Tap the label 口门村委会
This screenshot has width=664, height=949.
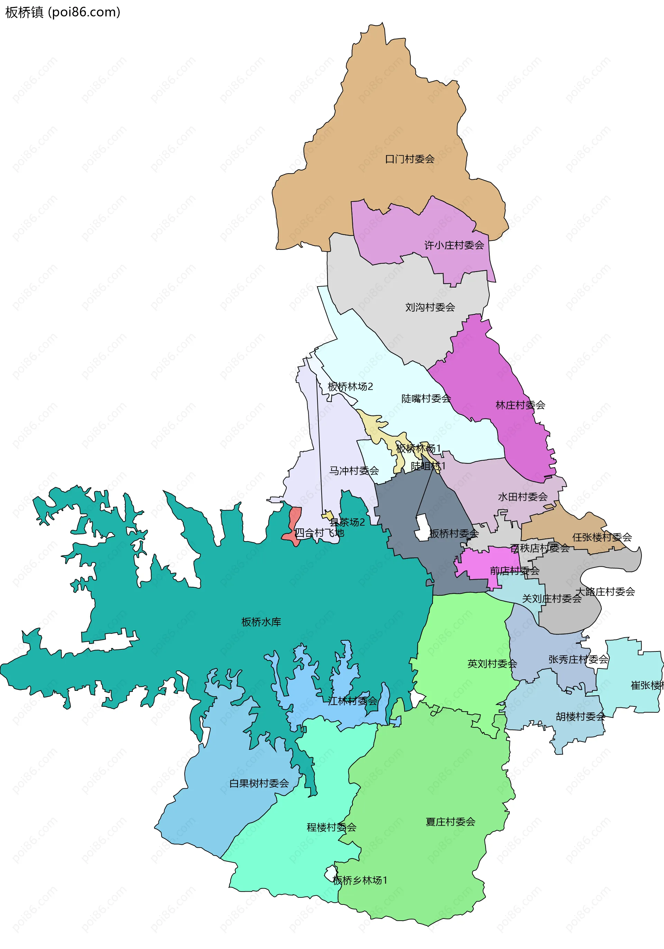(x=409, y=159)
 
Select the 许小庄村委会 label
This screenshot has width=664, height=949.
(x=454, y=245)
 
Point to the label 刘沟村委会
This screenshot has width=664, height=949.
(x=430, y=307)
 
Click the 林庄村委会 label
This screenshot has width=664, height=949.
(x=520, y=405)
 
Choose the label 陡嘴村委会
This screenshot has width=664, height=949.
(x=426, y=398)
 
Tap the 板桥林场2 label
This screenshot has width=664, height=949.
(x=350, y=386)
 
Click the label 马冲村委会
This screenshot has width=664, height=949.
(x=354, y=470)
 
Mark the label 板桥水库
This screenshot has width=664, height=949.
(x=261, y=622)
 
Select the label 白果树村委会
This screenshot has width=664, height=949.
(x=259, y=783)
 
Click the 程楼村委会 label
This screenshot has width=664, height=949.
(x=331, y=827)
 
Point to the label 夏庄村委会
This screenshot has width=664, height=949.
(x=450, y=822)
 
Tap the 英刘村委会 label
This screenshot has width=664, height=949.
(x=492, y=664)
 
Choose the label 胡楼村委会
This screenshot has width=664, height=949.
(x=580, y=716)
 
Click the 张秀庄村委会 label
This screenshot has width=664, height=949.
(x=578, y=659)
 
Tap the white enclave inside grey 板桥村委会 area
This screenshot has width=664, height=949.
(x=422, y=528)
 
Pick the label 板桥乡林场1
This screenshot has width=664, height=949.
(x=360, y=880)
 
